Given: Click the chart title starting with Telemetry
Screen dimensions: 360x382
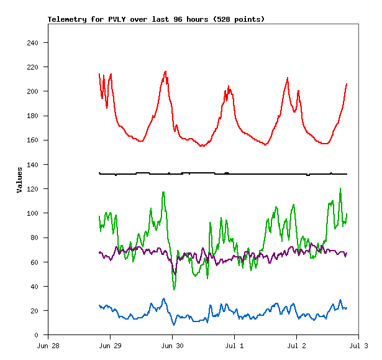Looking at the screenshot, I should pos(156,19).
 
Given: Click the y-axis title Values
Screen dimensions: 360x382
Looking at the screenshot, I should pos(19,180).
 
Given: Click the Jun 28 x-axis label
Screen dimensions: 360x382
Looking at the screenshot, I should pos(48,345).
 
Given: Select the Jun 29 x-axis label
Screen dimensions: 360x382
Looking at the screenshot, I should pos(111,345).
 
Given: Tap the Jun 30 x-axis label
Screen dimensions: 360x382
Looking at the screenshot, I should pos(173,345).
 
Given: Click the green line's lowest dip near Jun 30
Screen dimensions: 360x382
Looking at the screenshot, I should pos(175,289).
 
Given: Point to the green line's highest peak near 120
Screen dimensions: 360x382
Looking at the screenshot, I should pos(340,188).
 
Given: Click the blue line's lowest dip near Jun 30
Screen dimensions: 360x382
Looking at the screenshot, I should pos(175,325).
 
